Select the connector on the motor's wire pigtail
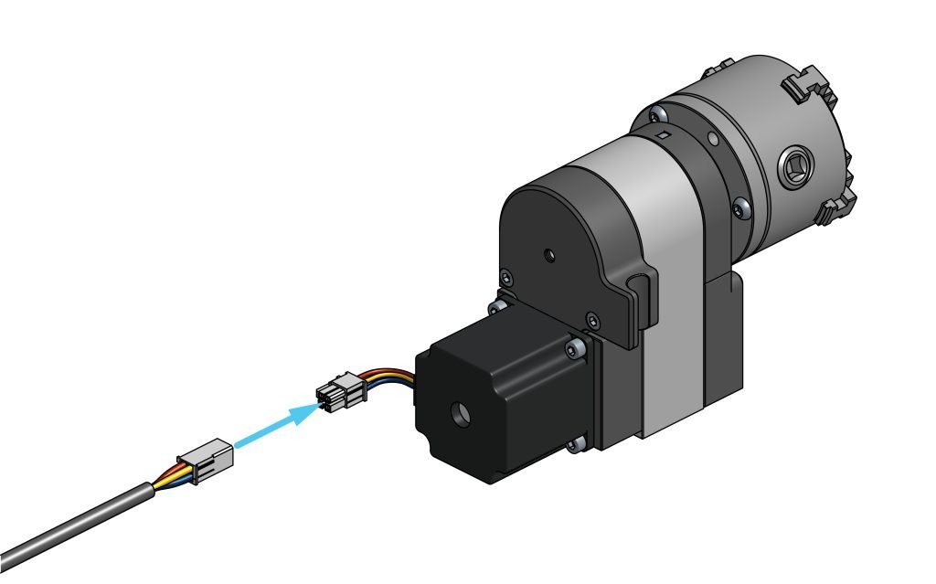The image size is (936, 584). pyautogui.click(x=340, y=394)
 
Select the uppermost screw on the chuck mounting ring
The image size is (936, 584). pyautogui.click(x=654, y=114)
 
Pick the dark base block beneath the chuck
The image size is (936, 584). pyautogui.click(x=722, y=338)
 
